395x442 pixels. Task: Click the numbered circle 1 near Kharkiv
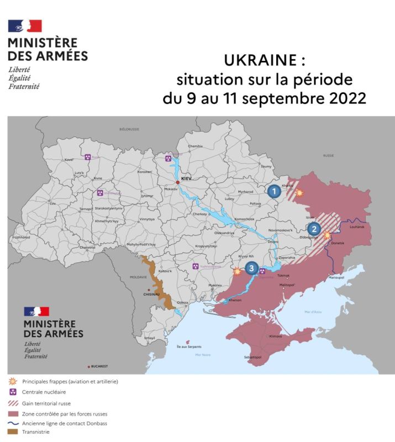(x=273, y=192)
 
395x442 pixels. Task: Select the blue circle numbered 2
(x=313, y=229)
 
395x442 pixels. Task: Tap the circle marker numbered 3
(x=251, y=269)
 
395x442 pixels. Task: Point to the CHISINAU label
(x=151, y=294)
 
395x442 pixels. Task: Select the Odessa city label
(x=183, y=303)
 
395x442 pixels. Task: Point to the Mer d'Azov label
(x=313, y=312)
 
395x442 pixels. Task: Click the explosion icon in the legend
(x=12, y=381)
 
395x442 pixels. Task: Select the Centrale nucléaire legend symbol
(x=12, y=392)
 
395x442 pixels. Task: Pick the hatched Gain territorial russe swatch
(x=12, y=403)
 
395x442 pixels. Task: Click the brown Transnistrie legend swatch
(x=12, y=432)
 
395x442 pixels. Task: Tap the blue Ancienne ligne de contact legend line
(x=12, y=423)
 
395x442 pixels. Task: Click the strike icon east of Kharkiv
(x=299, y=193)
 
